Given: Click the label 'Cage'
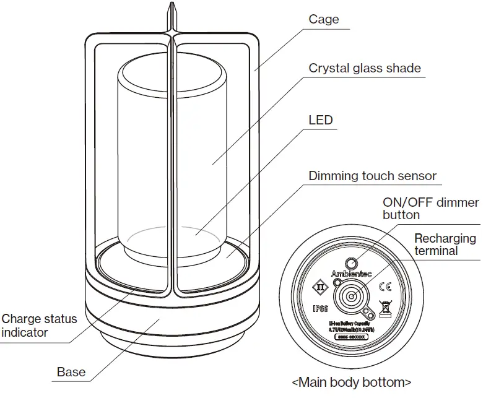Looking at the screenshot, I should point(324,19).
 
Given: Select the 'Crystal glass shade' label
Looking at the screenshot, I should point(365,68).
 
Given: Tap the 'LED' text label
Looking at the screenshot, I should point(321,119).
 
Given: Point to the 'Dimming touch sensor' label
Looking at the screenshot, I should point(372,176).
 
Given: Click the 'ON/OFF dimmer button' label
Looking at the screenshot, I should point(430,209).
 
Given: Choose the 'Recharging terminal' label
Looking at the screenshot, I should point(445,244).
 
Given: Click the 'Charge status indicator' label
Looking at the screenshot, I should point(39,326).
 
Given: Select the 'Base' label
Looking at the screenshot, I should point(71,372).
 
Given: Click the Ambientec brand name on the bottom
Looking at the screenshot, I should point(352,274).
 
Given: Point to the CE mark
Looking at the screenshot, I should point(385,287).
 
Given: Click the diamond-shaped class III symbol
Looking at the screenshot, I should point(321,287).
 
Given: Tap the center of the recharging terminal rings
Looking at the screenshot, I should point(352,296).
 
